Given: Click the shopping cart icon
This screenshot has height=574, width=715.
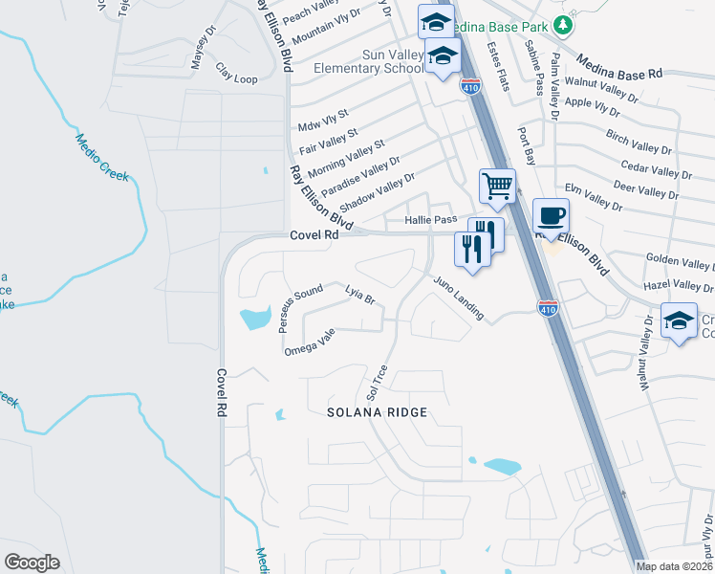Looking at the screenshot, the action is coord(497,186).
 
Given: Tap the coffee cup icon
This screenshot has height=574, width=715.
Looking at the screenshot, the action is coord(551,215).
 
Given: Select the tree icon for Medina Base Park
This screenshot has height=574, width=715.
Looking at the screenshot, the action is coord(564,23).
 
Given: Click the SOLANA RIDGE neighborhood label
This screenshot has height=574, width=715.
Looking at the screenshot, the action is coord(377,412).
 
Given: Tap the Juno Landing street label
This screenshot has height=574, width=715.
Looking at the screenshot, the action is coord(459,298).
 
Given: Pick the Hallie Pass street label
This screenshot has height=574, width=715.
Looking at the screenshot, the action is coord(431,220).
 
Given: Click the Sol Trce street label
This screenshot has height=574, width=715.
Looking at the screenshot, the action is coord(376,382).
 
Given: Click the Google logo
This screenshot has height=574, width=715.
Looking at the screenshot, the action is coord(32,562).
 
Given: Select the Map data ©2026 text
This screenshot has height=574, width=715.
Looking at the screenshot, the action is coord(674,566).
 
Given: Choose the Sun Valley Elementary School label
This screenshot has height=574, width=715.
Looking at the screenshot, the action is coord(368,62).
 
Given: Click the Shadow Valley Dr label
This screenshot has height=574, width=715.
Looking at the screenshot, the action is coord(378,191).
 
